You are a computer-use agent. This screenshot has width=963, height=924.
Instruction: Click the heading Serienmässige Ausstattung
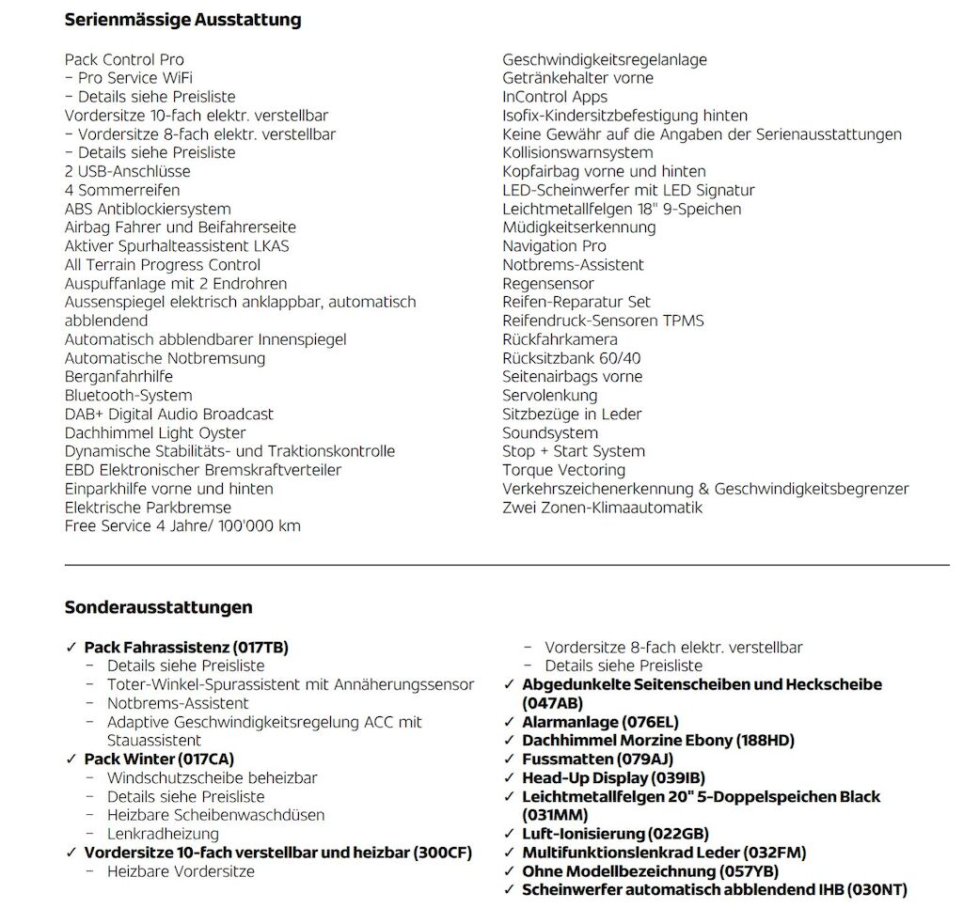182,19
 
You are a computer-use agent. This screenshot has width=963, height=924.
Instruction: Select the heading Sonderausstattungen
158,607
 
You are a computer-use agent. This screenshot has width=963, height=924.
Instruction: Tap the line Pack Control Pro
124,60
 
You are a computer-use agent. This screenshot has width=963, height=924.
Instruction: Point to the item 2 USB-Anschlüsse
127,172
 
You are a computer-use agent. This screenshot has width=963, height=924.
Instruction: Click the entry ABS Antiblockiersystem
147,210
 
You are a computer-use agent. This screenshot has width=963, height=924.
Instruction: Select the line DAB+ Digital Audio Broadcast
169,415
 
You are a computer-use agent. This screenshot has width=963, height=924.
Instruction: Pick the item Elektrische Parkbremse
148,508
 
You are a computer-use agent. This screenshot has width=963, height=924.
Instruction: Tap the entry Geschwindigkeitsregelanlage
604,60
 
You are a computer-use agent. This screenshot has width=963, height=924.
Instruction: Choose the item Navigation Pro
554,246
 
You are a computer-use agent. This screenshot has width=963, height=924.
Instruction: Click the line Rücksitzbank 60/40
572,358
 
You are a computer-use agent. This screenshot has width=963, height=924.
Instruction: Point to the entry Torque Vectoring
563,470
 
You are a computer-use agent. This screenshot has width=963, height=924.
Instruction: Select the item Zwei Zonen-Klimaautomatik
602,508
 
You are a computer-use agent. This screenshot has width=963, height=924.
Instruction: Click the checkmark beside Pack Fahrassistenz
71,648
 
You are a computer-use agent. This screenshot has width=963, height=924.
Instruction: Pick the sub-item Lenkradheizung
163,834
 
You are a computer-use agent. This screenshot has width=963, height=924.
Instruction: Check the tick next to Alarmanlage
510,722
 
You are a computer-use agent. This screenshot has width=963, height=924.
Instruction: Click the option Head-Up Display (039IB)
613,778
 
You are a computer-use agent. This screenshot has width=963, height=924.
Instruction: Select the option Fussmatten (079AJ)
597,760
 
